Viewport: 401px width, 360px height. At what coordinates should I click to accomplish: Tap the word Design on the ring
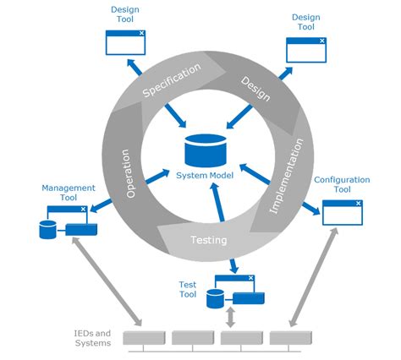(255, 88)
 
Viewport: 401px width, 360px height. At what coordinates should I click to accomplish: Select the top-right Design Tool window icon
(305, 50)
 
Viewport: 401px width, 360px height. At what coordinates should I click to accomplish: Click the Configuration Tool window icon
(342, 212)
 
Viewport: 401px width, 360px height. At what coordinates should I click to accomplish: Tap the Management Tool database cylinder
(47, 227)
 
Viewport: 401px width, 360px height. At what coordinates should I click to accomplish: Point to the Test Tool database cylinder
(215, 297)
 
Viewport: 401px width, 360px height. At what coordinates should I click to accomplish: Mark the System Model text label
(205, 175)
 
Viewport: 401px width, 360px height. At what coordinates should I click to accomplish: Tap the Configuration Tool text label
(343, 185)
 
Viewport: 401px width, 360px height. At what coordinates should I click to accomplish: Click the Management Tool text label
(69, 193)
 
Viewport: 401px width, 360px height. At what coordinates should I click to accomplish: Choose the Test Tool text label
(188, 290)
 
